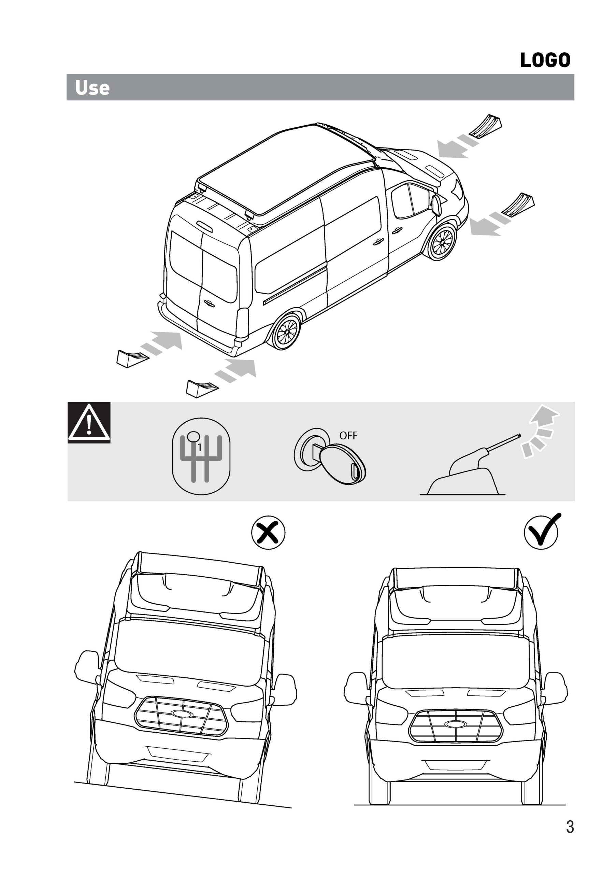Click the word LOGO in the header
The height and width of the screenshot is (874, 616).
545,60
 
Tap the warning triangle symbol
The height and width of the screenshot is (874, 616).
89,423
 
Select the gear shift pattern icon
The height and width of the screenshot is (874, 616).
201,456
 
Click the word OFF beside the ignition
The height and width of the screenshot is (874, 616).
348,436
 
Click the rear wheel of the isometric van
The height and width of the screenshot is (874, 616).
286,332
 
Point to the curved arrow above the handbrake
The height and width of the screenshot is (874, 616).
540,431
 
